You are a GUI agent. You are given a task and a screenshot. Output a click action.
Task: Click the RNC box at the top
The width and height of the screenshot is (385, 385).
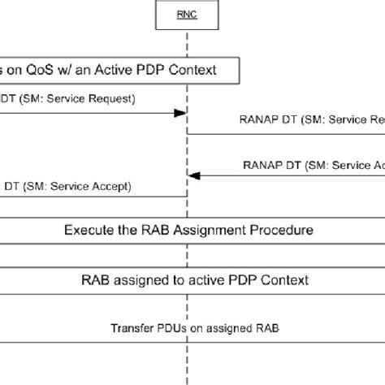point(187,14)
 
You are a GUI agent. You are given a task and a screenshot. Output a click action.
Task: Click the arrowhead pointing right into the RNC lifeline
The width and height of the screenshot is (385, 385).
point(181,114)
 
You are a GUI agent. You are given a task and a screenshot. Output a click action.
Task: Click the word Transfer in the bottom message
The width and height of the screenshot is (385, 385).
point(128,329)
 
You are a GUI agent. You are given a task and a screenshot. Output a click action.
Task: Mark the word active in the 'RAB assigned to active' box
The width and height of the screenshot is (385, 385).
point(201,281)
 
